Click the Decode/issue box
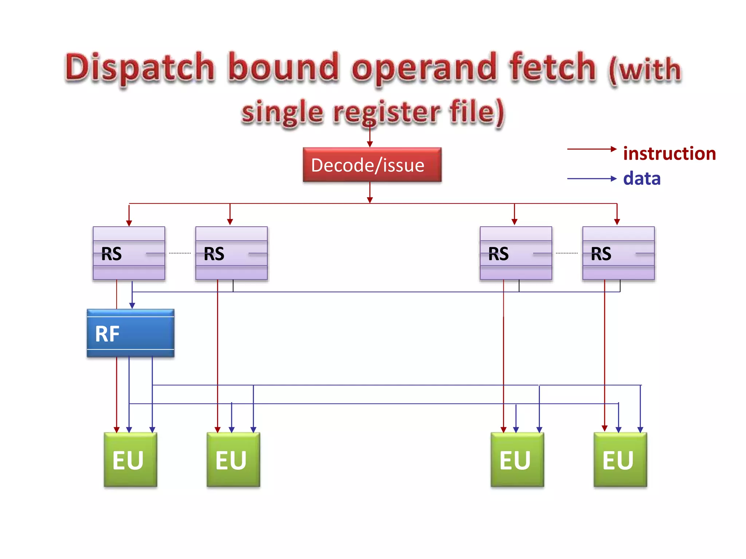coord(372,165)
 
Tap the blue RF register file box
coord(130,333)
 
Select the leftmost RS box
coord(129,253)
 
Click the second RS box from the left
coord(231,253)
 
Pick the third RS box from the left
coord(516,253)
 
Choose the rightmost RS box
coord(618,253)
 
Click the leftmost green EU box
coord(130,460)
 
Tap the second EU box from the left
coord(233,460)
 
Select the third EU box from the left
coord(517,460)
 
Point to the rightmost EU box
coord(620,460)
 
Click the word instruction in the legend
coord(669,154)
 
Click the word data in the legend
coord(641,179)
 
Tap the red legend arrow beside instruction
coord(591,149)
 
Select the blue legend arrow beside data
coord(591,179)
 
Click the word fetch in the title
coord(552,67)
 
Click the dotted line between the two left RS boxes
coord(180,253)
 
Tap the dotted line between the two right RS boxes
coord(567,253)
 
